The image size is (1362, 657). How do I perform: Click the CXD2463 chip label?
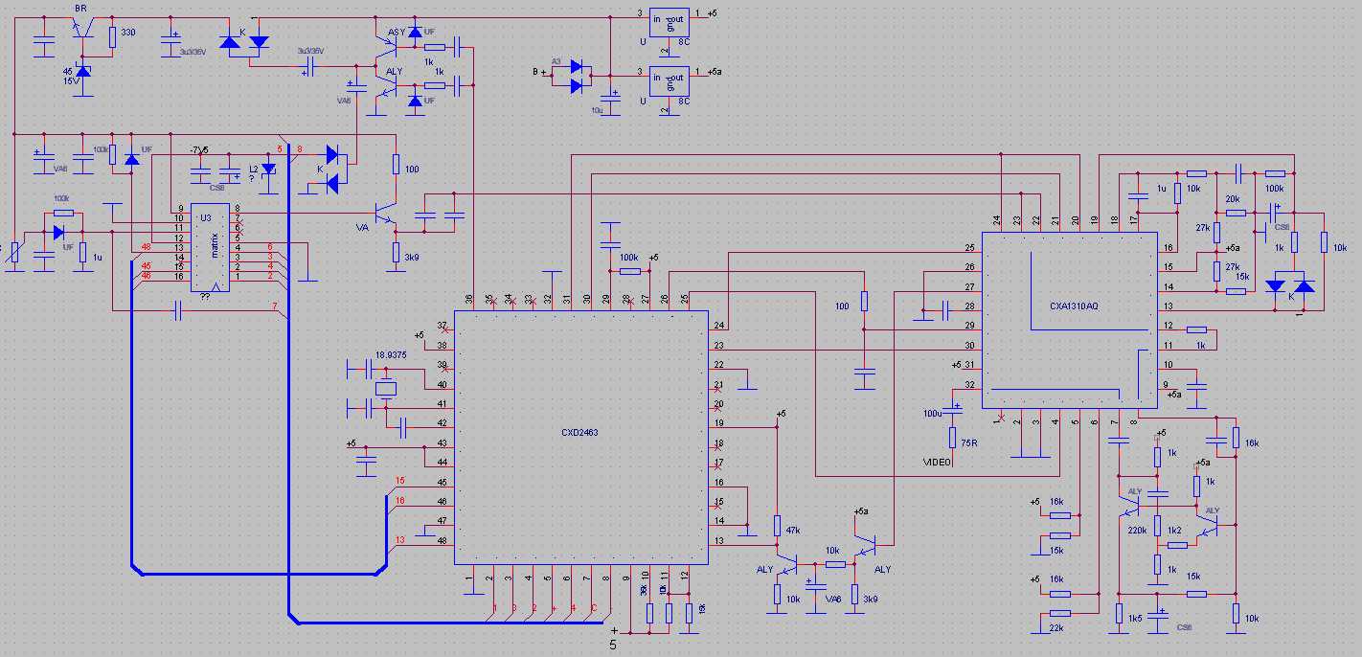pyautogui.click(x=580, y=432)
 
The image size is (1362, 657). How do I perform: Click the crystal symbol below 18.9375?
pyautogui.click(x=386, y=389)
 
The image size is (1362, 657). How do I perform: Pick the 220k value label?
pyautogui.click(x=1138, y=530)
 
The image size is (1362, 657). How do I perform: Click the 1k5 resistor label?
pyautogui.click(x=1135, y=619)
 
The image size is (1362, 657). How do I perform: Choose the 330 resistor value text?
pyautogui.click(x=128, y=33)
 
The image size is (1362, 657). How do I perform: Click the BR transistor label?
pyautogui.click(x=80, y=8)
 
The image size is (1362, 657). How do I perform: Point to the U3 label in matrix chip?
pyautogui.click(x=205, y=217)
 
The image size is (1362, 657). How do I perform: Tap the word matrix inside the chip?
pyautogui.click(x=215, y=248)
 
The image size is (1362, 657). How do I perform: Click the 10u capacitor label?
pyautogui.click(x=596, y=111)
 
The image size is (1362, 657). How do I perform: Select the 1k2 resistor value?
pyautogui.click(x=1175, y=529)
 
